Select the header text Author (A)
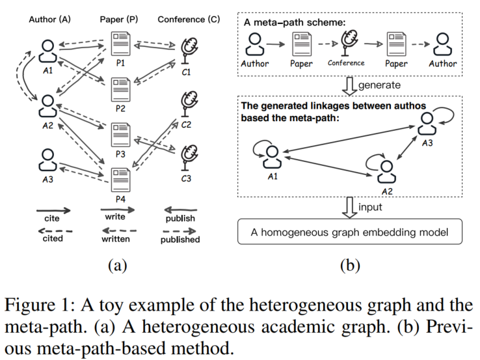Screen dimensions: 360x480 [50, 20]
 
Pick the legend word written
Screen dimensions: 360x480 [116, 239]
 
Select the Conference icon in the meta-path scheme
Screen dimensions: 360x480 [346, 46]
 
